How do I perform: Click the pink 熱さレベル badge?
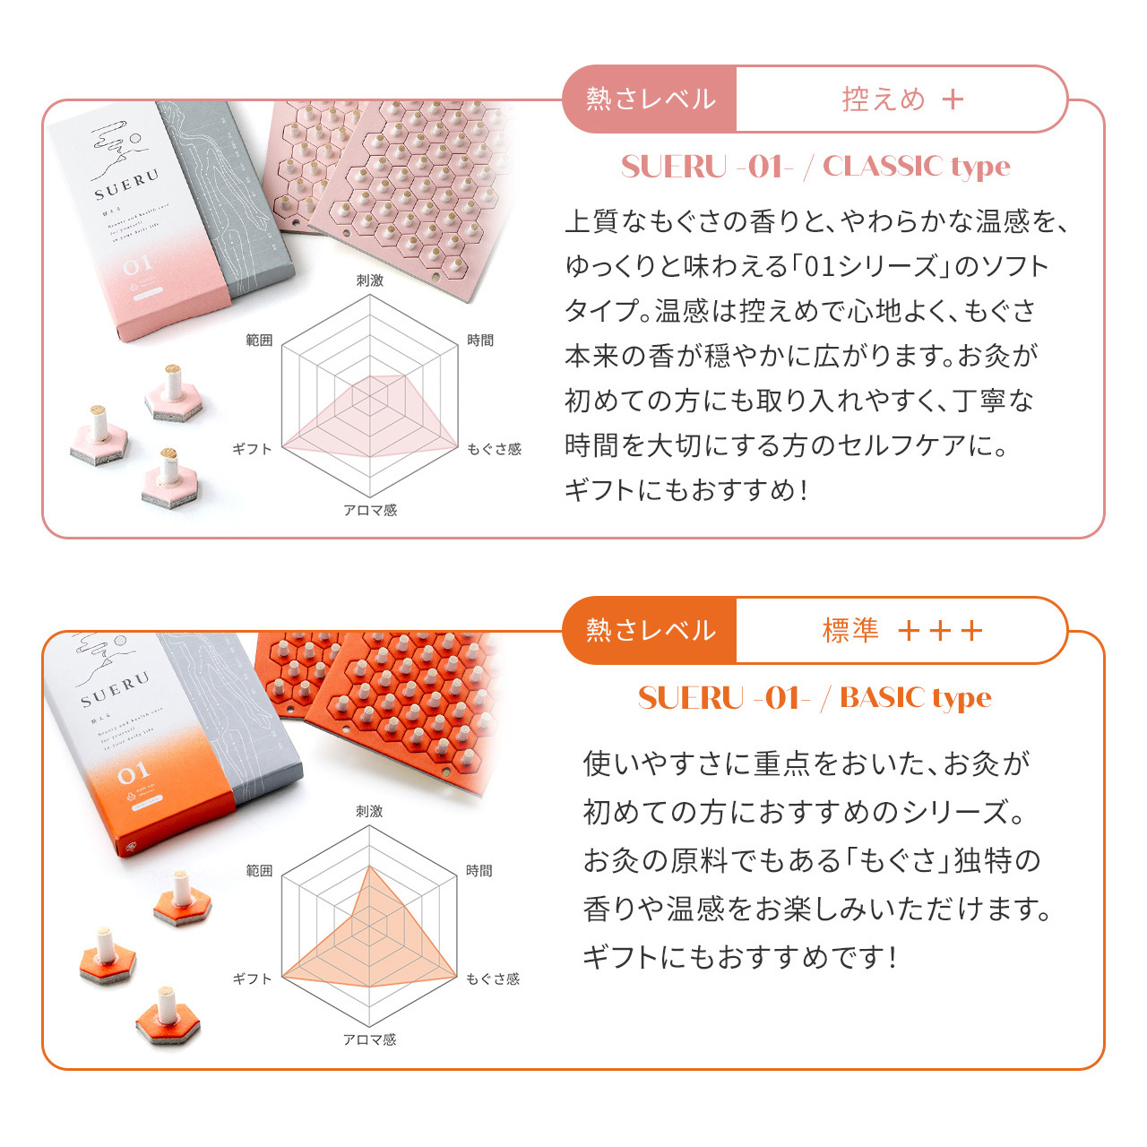(x=650, y=99)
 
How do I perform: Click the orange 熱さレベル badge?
(x=650, y=630)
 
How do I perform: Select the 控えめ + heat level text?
(x=901, y=99)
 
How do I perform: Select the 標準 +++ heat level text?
(x=901, y=630)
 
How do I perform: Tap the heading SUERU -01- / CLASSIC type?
(x=815, y=167)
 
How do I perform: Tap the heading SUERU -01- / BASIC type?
(x=815, y=697)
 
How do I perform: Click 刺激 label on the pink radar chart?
(x=369, y=280)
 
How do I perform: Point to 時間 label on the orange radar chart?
(x=479, y=871)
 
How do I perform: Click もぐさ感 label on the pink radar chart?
(x=494, y=449)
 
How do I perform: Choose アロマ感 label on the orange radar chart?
(x=369, y=1039)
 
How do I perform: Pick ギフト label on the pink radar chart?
(x=252, y=449)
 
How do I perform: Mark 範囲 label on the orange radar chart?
(x=259, y=871)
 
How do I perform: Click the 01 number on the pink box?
(x=137, y=266)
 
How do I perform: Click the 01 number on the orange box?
(x=133, y=772)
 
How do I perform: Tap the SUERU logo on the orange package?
(x=114, y=689)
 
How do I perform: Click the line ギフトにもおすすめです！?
(x=740, y=957)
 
